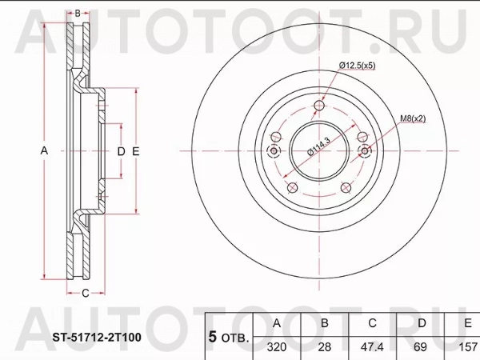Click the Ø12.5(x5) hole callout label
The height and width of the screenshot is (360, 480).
[357, 66]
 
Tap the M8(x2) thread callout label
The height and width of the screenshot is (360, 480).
[414, 118]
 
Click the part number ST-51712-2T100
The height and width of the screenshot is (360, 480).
[97, 338]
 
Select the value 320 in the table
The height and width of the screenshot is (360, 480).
[277, 347]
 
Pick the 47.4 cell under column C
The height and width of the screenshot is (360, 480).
[372, 347]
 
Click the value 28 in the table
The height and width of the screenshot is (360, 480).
[325, 347]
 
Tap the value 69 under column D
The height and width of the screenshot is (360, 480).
[420, 347]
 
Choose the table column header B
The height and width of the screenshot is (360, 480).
[325, 323]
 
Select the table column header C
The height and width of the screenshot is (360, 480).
[372, 323]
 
